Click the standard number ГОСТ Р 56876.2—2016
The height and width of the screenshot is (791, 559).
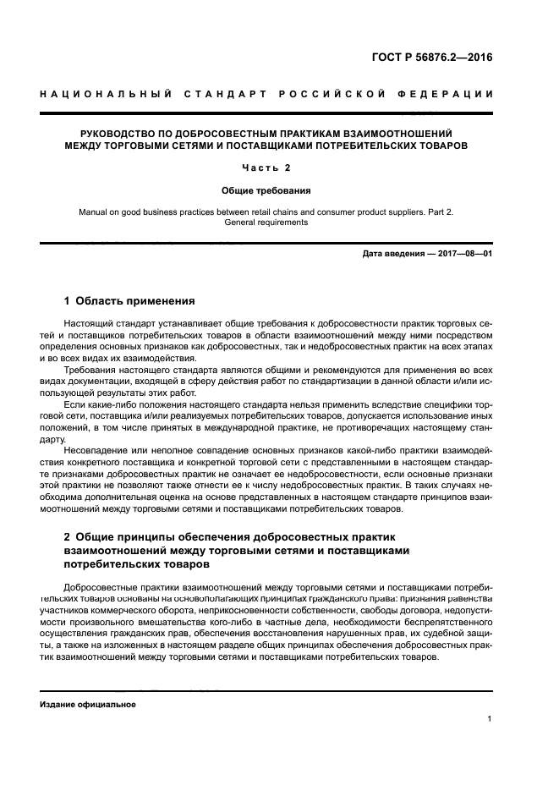tap(431, 59)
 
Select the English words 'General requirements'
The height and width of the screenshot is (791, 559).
tap(266, 223)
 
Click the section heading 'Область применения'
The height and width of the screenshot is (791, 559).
tap(135, 300)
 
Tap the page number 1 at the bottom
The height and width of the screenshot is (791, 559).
tap(490, 720)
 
